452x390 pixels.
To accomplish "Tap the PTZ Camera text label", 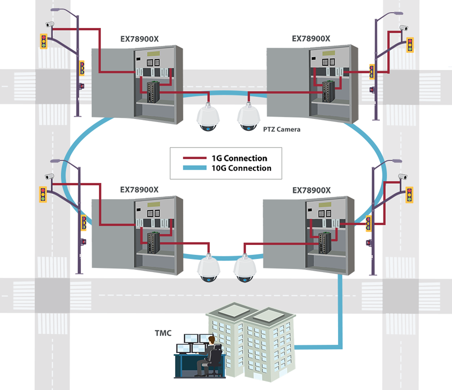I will click(x=282, y=129).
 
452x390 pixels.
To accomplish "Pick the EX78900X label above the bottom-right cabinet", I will click(x=311, y=190).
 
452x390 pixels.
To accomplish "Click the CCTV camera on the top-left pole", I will click(x=50, y=24).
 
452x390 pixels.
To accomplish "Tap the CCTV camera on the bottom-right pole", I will click(x=402, y=177).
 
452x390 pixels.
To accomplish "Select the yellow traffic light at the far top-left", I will click(x=44, y=41).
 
